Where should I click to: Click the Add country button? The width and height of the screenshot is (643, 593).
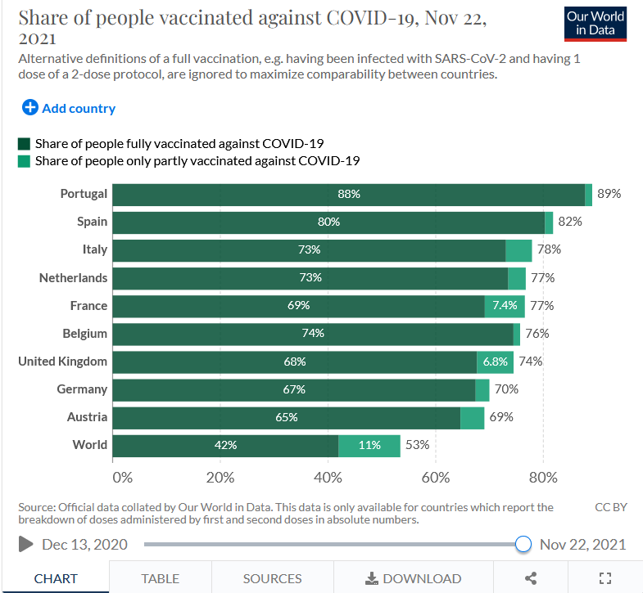point(69,108)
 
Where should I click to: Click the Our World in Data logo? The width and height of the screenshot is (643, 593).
point(595,24)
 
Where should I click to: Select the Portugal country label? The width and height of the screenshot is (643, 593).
point(84,194)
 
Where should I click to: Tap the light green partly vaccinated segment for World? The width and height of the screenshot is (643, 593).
point(369,446)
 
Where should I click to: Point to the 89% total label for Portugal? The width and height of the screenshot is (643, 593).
point(609,194)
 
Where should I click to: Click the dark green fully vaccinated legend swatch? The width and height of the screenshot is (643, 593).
point(24,143)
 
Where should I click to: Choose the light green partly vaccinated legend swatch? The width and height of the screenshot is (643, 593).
point(24,161)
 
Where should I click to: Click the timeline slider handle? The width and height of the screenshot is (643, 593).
point(523,545)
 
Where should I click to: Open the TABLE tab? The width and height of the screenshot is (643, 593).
point(160,578)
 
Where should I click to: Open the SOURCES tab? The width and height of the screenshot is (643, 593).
point(272,578)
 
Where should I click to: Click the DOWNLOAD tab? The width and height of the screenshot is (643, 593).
point(414,578)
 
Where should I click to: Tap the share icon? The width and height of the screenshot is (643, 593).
point(531,578)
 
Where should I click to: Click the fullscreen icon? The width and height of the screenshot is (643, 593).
point(605,578)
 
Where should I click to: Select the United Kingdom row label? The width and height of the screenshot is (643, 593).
point(62,362)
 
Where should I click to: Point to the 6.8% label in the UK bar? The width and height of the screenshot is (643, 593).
point(496,362)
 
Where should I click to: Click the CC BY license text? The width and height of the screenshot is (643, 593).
point(611,507)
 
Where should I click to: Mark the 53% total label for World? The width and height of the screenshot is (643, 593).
point(417,446)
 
